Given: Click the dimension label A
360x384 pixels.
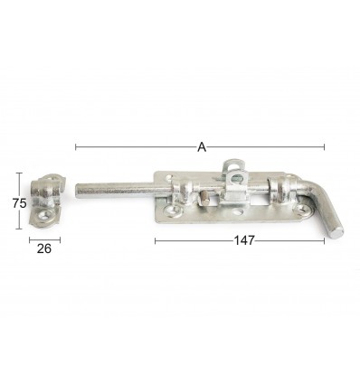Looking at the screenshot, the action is pos(202,147).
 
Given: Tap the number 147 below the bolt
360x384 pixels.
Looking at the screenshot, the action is pos(244,240).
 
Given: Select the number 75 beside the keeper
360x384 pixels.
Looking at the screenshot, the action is pos(20,203).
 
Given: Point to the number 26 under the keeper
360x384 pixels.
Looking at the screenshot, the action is pos(44,248).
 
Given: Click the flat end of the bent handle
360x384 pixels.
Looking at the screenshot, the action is pos(338,233).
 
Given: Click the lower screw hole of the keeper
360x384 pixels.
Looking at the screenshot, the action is pos(44,215).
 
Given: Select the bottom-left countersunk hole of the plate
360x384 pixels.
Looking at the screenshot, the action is pos(172,210).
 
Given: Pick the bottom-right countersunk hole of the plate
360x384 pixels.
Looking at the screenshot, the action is pos(301,208).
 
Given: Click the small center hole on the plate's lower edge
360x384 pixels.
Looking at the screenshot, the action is pos(238,212).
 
